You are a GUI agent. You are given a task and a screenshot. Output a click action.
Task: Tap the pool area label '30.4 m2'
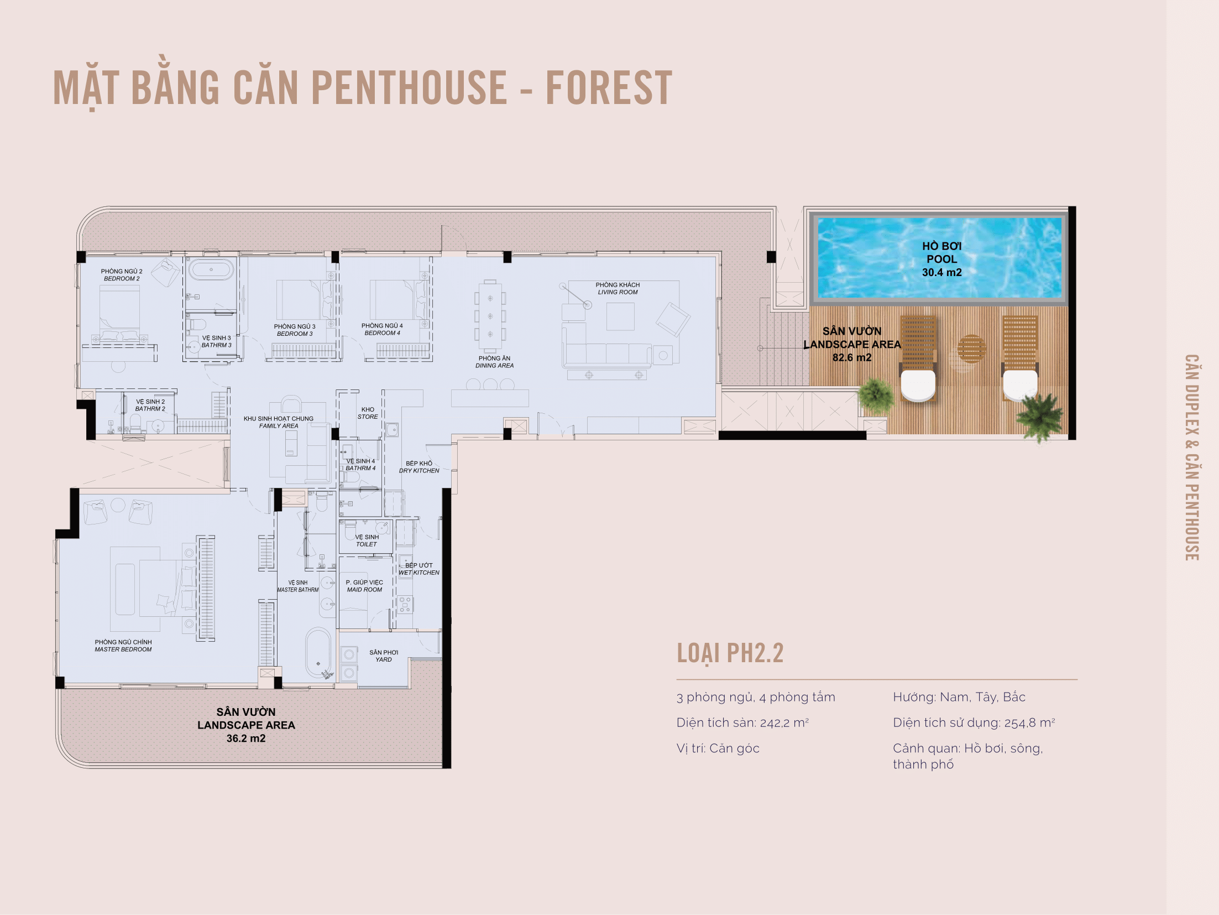pyautogui.click(x=941, y=272)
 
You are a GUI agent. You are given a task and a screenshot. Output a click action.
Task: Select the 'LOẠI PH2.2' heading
pyautogui.click(x=730, y=653)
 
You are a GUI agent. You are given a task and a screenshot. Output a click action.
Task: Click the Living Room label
pyautogui.click(x=618, y=288)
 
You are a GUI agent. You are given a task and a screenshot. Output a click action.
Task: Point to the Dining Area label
pyautogui.click(x=494, y=362)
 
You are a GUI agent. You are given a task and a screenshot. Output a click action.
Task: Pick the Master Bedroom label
pyautogui.click(x=123, y=646)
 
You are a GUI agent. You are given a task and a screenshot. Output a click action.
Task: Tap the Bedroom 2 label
pyautogui.click(x=122, y=275)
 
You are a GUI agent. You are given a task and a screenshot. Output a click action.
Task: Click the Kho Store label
pyautogui.click(x=368, y=413)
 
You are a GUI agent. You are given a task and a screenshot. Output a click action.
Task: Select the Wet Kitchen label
pyautogui.click(x=419, y=569)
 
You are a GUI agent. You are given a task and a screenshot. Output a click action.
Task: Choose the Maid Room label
pyautogui.click(x=364, y=586)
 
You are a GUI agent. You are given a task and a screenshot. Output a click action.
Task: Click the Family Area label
pyautogui.click(x=278, y=422)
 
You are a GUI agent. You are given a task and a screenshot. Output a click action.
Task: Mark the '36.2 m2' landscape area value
pyautogui.click(x=246, y=739)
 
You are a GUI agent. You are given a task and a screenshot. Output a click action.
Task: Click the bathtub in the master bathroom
pyautogui.click(x=318, y=653)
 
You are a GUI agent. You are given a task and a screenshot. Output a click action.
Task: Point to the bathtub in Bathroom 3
pyautogui.click(x=211, y=269)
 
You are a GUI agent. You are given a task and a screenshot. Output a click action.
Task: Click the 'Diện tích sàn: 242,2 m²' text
pyautogui.click(x=742, y=722)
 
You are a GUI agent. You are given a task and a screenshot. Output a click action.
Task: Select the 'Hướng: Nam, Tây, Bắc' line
pyautogui.click(x=959, y=697)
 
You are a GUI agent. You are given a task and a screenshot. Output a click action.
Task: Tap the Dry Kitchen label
pyautogui.click(x=419, y=467)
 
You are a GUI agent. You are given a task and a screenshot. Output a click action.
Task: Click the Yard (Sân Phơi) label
pyautogui.click(x=384, y=656)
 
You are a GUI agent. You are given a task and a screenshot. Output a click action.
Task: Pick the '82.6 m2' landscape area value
pyautogui.click(x=852, y=357)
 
